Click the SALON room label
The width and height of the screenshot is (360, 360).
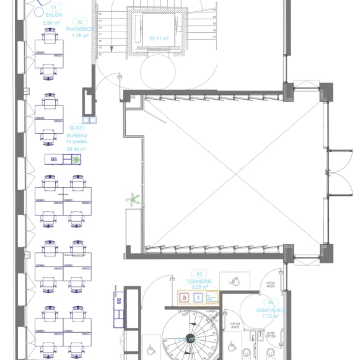[x=54, y=14]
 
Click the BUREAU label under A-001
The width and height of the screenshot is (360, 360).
[x=76, y=134]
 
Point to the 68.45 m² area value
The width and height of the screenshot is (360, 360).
[x=76, y=149]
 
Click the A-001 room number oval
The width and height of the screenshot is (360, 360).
[x=76, y=127]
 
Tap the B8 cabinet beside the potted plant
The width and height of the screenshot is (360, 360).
[x=54, y=160]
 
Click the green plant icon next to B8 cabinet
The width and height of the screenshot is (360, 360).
[x=76, y=160]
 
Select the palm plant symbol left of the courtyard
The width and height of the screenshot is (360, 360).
[x=132, y=200]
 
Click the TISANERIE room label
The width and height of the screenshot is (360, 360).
[x=199, y=281]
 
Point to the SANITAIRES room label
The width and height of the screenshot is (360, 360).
[x=271, y=310]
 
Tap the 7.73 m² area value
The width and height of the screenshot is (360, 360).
[x=271, y=317]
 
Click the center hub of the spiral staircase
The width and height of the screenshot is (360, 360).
[x=191, y=339]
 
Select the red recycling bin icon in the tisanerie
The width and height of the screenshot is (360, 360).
[x=184, y=297]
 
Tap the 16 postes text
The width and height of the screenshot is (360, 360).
[x=76, y=142]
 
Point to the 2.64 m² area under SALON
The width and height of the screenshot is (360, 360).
[x=51, y=22]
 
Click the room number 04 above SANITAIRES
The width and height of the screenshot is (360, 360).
[x=270, y=302]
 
